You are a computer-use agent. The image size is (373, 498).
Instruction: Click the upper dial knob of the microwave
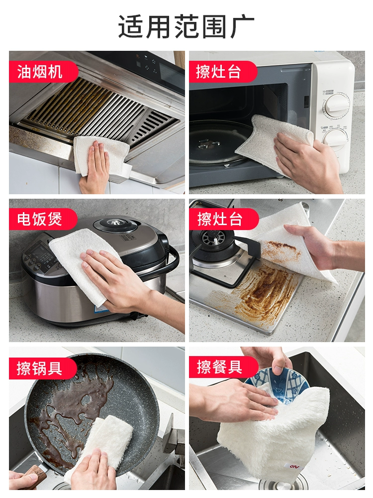click(337, 103)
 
